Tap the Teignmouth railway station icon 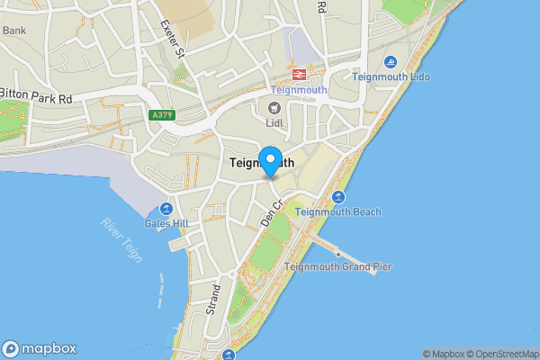pyautogui.click(x=296, y=74)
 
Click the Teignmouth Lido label pyautogui.click(x=391, y=77)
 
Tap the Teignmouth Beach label pyautogui.click(x=338, y=212)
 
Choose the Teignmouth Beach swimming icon pyautogui.click(x=339, y=197)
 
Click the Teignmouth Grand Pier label pyautogui.click(x=337, y=266)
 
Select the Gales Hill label pyautogui.click(x=166, y=222)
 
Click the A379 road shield pyautogui.click(x=161, y=115)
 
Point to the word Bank pyautogui.click(x=14, y=30)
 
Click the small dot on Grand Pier pyautogui.click(x=338, y=254)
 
